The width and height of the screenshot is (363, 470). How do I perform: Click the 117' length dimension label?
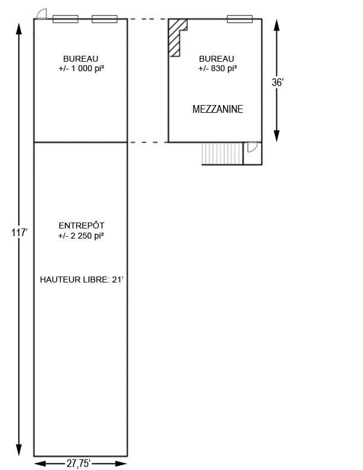pos(20,232)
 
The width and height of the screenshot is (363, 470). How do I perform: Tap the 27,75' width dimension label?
pos(78,463)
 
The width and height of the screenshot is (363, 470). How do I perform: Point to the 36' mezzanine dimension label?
pos(278,82)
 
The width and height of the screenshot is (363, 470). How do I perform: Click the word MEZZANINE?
pos(218,109)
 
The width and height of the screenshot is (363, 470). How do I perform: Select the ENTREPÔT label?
pos(81,226)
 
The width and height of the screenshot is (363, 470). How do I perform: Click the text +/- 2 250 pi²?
pos(81,236)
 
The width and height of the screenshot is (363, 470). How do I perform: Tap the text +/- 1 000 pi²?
pos(81,68)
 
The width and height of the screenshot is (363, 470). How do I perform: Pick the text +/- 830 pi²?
pos(218,68)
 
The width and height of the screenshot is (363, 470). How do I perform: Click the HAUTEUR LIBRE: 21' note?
pos(82,280)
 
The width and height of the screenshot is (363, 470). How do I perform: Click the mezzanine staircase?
pos(222,154)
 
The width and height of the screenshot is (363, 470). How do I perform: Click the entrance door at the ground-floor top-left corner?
pos(42,14)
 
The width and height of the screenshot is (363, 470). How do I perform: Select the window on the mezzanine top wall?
pos(240,19)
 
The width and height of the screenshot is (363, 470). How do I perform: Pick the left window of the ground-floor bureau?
pos(65,19)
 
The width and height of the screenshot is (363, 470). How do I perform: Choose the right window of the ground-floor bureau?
pos(104,19)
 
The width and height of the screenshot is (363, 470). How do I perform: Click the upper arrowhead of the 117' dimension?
pos(19,29)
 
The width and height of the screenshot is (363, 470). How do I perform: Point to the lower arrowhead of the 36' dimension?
pos(277,136)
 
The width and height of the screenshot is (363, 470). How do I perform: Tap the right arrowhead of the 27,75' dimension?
pos(121,463)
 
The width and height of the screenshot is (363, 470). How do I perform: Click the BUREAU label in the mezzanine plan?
pos(216,59)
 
